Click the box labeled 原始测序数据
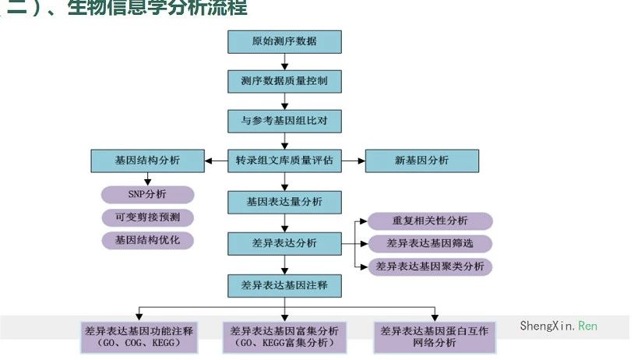[x=284, y=41]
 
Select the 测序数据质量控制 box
[x=284, y=80]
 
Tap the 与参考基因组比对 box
[x=284, y=121]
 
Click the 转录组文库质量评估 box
[x=284, y=161]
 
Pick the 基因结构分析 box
[x=147, y=161]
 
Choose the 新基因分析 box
[x=422, y=161]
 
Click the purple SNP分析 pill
[x=147, y=194]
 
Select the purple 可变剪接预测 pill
[x=147, y=217]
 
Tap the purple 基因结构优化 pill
[x=147, y=239]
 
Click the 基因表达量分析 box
[x=284, y=202]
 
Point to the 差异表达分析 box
[x=284, y=242]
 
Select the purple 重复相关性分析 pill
[x=430, y=221]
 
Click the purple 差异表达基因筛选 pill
[x=430, y=243]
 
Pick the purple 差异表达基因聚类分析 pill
[x=430, y=266]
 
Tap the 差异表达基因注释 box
[x=284, y=285]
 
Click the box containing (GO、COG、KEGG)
[x=139, y=337]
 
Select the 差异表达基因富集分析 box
[x=285, y=337]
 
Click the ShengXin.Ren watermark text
[x=558, y=326]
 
